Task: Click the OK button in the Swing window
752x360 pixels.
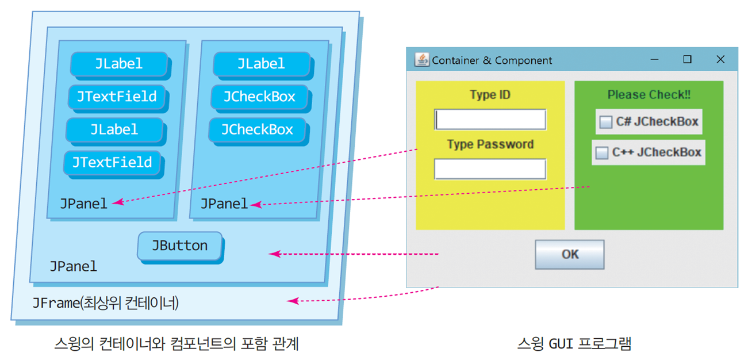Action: point(569,254)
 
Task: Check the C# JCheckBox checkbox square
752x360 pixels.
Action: point(605,122)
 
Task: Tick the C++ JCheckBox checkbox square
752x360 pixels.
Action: point(601,152)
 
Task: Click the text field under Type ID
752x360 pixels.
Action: point(490,120)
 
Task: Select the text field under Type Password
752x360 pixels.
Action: point(490,169)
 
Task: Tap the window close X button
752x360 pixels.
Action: point(720,59)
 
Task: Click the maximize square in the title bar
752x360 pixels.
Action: point(687,59)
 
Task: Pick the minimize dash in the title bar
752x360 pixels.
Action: point(654,59)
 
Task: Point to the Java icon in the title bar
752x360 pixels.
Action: point(422,60)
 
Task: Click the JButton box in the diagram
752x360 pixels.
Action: point(180,246)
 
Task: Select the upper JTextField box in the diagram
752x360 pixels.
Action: point(117,96)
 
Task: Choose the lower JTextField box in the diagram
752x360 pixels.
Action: point(112,162)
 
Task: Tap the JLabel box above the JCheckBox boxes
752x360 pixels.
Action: point(261,63)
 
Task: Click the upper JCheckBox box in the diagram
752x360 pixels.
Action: point(259,97)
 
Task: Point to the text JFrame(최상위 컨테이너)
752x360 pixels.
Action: point(105,302)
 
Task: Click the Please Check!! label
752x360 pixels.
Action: point(649,95)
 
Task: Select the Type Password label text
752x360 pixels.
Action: point(490,144)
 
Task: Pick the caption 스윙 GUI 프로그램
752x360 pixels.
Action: point(574,344)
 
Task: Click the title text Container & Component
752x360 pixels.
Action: point(492,60)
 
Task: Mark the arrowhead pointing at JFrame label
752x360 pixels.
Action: point(291,301)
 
